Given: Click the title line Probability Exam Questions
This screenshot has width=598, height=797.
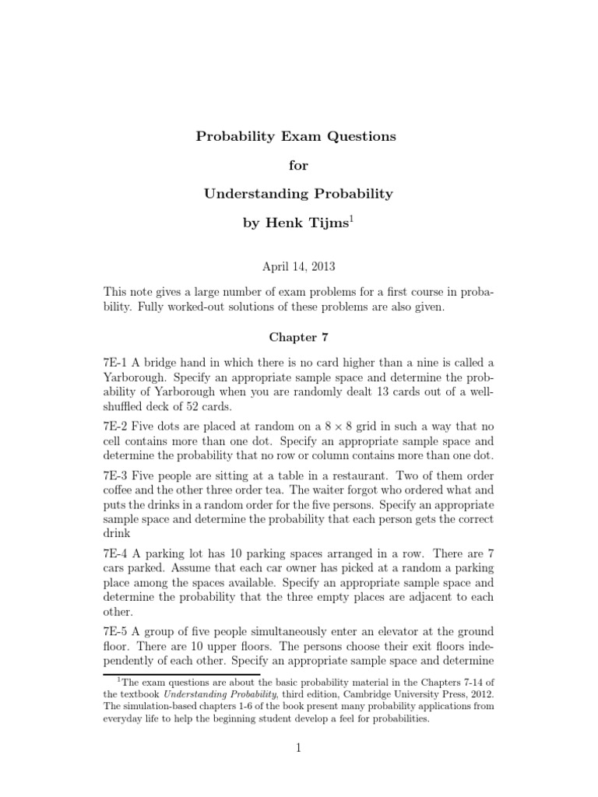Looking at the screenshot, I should click(295, 136).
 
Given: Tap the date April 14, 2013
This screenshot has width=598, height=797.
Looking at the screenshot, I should click(298, 266).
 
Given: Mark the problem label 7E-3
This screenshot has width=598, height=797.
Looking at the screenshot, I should click(117, 475).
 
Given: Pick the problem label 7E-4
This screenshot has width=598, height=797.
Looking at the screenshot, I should click(117, 554).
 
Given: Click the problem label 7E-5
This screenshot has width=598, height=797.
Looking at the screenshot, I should click(117, 632).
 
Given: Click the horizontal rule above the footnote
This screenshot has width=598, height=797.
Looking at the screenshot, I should click(171, 673).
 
